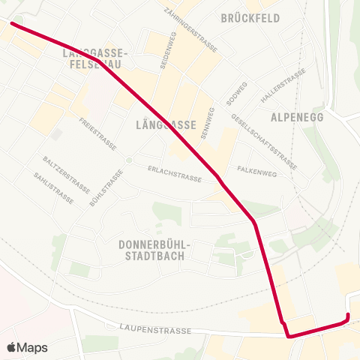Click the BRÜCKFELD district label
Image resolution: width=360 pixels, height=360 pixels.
250,17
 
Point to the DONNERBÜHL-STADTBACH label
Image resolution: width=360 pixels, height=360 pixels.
156,250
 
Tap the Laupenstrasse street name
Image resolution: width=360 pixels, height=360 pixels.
155,329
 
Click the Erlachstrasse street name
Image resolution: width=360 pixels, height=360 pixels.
175,174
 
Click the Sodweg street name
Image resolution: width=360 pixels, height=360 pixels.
237,94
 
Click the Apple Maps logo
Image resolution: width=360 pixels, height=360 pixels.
27,347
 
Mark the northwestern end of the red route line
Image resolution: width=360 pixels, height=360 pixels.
11,23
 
